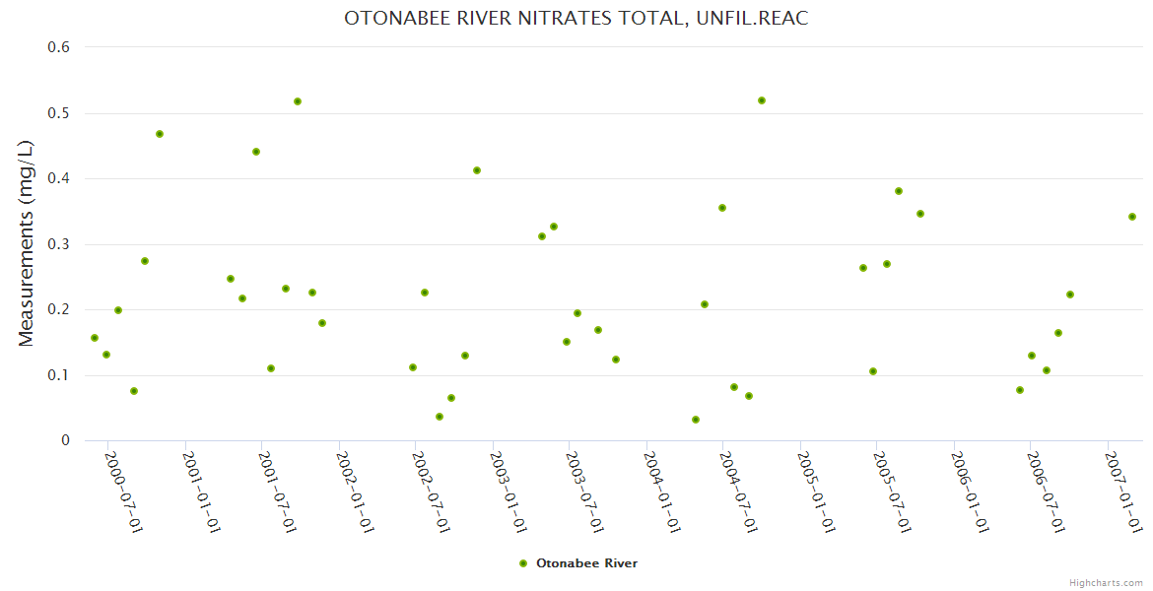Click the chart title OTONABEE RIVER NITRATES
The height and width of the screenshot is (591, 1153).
tap(576, 19)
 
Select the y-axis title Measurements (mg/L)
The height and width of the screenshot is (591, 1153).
tap(27, 242)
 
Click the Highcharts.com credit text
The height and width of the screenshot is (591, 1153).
tap(1106, 583)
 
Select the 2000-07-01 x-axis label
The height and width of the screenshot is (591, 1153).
tap(124, 492)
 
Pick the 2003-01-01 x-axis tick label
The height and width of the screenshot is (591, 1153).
tap(509, 492)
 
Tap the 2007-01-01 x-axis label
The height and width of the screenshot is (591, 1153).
tap(1123, 492)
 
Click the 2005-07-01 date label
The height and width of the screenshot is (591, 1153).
tap(893, 492)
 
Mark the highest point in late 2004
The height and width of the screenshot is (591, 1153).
tap(762, 100)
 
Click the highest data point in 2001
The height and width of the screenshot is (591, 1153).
tap(298, 101)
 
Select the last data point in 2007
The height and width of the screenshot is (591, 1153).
tap(1132, 217)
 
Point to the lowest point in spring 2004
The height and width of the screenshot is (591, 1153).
tap(696, 420)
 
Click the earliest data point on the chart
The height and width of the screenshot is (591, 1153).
tap(95, 338)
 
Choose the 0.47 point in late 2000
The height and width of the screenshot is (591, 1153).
tap(160, 134)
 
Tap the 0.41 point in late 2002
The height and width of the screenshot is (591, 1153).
tap(477, 170)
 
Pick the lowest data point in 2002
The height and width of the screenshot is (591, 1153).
tap(440, 417)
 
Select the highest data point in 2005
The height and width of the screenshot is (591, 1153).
tap(899, 191)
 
